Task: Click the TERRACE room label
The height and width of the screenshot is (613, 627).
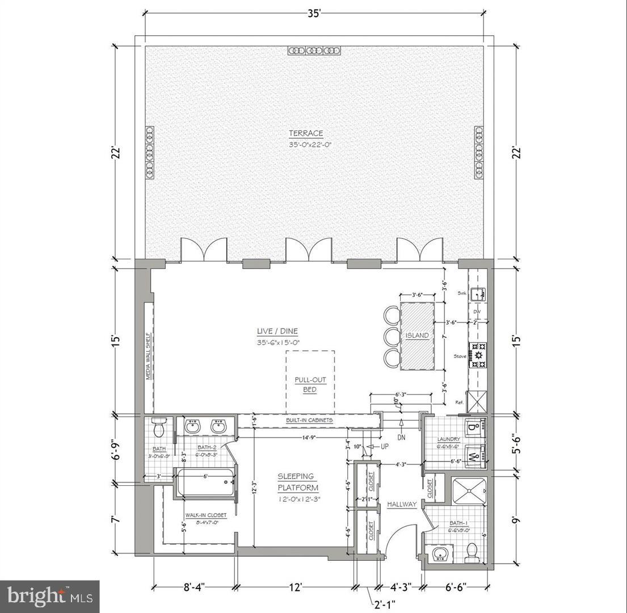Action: click(x=306, y=133)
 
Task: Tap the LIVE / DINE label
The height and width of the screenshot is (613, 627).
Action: click(x=277, y=331)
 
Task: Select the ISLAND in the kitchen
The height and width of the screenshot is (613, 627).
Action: click(x=417, y=335)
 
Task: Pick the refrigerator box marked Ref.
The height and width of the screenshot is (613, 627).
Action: click(x=477, y=402)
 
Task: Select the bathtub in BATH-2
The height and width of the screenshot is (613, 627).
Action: click(x=206, y=482)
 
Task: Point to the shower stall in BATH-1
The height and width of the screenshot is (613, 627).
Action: click(x=469, y=490)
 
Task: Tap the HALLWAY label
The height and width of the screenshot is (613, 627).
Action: click(x=402, y=504)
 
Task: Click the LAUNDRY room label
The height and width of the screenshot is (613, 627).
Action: click(x=448, y=439)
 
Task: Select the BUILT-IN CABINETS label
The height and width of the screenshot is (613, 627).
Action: click(x=309, y=421)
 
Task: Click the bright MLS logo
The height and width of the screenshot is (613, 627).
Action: click(x=49, y=597)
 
